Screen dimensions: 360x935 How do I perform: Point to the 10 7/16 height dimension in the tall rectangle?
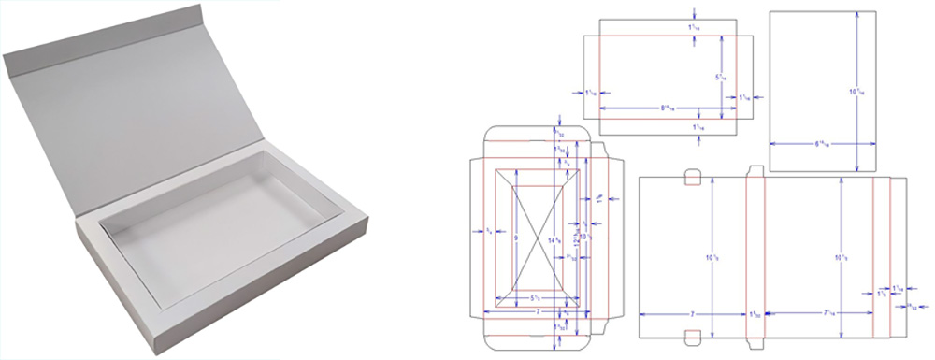[854, 92]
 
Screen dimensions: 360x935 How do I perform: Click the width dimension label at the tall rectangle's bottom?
[821, 144]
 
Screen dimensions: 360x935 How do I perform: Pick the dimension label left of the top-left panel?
[591, 93]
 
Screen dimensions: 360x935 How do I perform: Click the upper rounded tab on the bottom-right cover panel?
[693, 177]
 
